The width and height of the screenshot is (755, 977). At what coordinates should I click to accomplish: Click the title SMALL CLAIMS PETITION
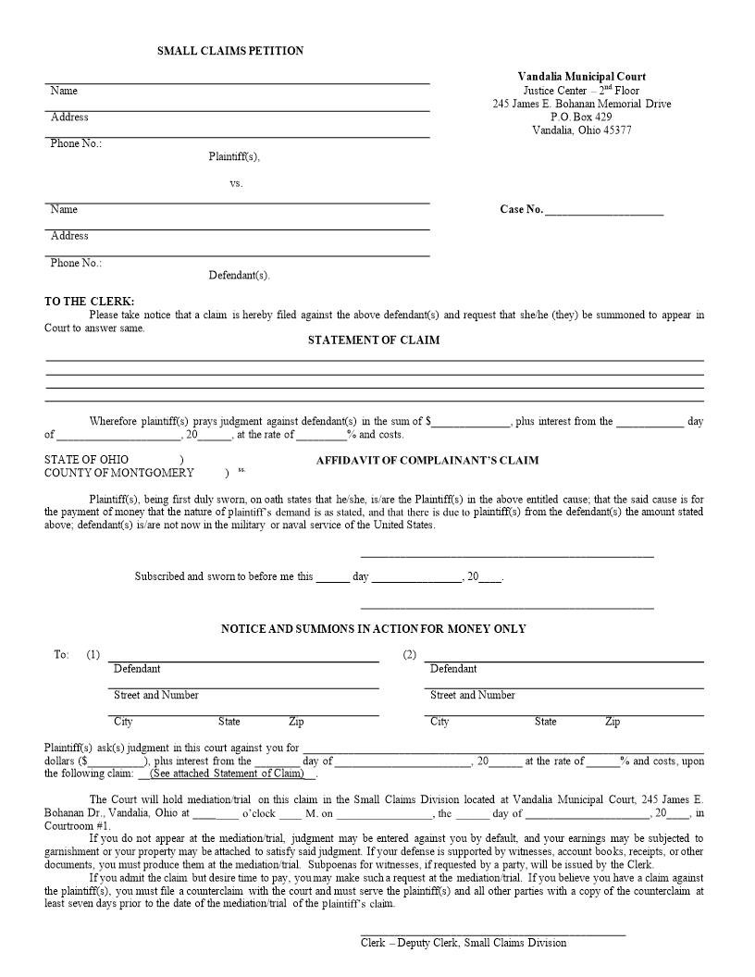click(230, 51)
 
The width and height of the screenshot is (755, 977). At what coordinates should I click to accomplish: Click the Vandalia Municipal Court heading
click(581, 77)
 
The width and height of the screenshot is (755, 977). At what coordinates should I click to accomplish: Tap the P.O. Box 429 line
click(581, 117)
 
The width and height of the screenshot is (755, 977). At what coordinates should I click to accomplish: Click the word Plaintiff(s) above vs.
click(234, 156)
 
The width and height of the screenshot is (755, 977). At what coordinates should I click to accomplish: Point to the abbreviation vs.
click(236, 183)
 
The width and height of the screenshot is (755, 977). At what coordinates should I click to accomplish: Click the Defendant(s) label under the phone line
click(239, 276)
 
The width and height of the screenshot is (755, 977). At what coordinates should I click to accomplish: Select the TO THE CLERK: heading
click(90, 302)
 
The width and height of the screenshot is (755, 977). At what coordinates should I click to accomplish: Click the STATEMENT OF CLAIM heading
click(374, 340)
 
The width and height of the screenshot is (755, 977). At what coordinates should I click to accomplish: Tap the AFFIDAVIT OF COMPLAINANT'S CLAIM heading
click(427, 460)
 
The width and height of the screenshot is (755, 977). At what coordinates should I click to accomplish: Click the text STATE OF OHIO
click(87, 460)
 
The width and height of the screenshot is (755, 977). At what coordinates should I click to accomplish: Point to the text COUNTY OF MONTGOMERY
click(119, 473)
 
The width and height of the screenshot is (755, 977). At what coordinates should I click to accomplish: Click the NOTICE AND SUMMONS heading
click(373, 629)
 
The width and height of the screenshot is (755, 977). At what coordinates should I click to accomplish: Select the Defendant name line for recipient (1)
click(243, 658)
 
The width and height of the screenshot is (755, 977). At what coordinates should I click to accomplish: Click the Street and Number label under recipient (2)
click(473, 695)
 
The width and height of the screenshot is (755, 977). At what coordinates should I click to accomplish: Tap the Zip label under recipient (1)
click(296, 722)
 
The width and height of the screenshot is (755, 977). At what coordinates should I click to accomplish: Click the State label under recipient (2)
click(545, 722)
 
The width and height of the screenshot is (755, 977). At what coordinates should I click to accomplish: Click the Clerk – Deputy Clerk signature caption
click(464, 943)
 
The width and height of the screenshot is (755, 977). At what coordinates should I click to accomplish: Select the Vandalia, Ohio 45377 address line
click(581, 130)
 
